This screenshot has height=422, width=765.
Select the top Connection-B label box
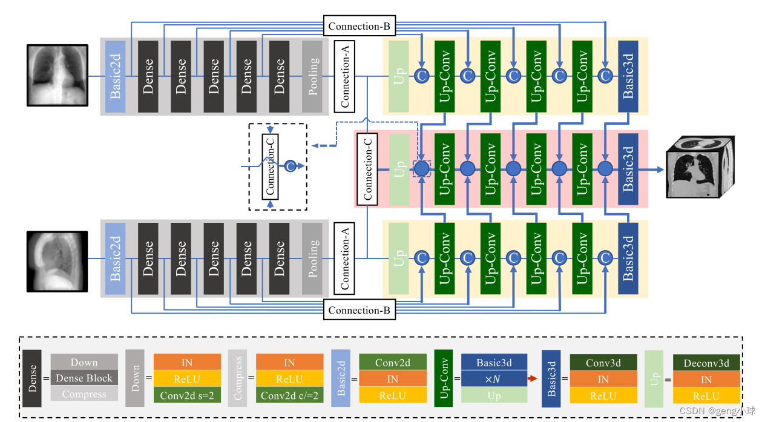pyautogui.click(x=360, y=26)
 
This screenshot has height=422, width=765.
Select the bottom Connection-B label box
pyautogui.click(x=360, y=310)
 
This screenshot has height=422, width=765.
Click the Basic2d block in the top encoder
pyautogui.click(x=115, y=76)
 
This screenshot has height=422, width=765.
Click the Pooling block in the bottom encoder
pyautogui.click(x=312, y=259)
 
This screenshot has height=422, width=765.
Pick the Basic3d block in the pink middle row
pyautogui.click(x=628, y=168)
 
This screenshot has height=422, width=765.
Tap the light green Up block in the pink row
pyautogui.click(x=399, y=168)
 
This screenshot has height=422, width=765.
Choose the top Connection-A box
pyautogui.click(x=344, y=76)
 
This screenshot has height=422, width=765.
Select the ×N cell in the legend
pyautogui.click(x=494, y=379)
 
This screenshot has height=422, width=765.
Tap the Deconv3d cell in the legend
pyautogui.click(x=706, y=363)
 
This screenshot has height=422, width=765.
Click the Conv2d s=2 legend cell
pyautogui.click(x=187, y=395)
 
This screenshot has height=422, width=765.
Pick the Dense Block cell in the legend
pyautogui.click(x=84, y=378)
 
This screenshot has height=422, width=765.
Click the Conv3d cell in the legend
pyautogui.click(x=603, y=363)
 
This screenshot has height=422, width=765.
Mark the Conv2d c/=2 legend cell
pyautogui.click(x=289, y=395)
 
